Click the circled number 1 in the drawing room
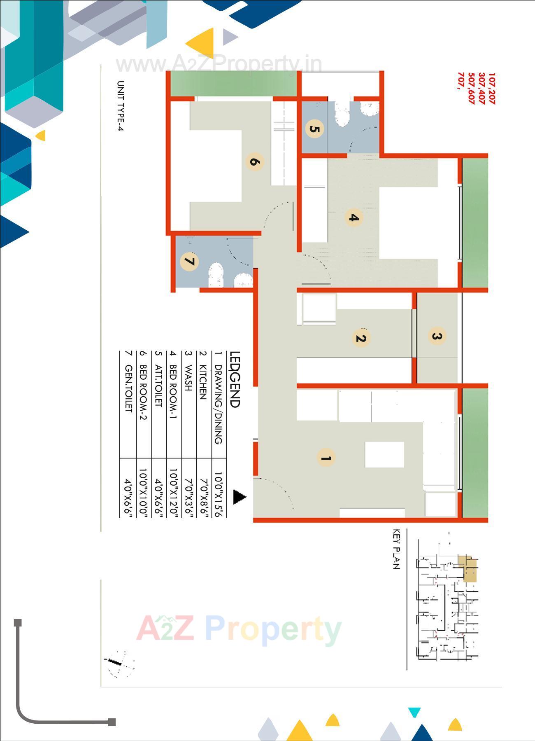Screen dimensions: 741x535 point(326,458)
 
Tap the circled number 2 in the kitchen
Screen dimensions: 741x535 point(361,338)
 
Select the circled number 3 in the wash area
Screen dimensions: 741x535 point(437,336)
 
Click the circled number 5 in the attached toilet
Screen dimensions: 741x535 point(314,129)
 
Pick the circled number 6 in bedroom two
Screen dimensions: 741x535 point(255,161)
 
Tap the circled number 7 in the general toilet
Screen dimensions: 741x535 point(189,261)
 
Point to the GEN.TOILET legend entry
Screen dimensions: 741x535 point(128,388)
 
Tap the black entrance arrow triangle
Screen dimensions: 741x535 point(239,497)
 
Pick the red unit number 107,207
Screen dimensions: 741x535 point(492,88)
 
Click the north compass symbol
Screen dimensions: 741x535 point(120,664)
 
